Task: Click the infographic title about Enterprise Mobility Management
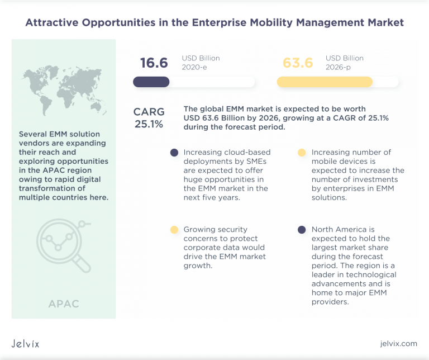214,23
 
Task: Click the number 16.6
154,63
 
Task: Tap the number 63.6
298,63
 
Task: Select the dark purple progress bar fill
151,82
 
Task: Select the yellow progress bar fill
325,82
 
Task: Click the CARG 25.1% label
149,118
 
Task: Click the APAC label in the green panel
63,304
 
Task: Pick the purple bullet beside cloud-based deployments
174,153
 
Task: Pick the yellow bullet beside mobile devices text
302,153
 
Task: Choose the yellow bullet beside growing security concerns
174,230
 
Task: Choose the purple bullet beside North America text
302,230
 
